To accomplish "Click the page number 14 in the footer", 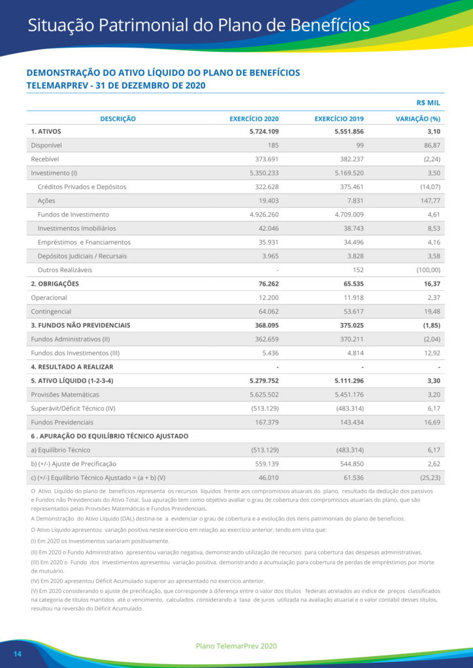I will pyautogui.click(x=18, y=654).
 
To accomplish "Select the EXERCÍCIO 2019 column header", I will pyautogui.click(x=339, y=119).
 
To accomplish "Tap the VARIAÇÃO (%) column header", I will pyautogui.click(x=418, y=119).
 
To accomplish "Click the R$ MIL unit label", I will pyautogui.click(x=429, y=102).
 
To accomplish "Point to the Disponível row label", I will pyautogui.click(x=46, y=145).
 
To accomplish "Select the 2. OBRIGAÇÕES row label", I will pyautogui.click(x=55, y=284).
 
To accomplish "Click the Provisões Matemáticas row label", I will pyautogui.click(x=65, y=395).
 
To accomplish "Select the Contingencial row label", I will pyautogui.click(x=51, y=311).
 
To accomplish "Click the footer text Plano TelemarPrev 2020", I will pyautogui.click(x=236, y=646).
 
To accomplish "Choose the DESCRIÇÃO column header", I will pyautogui.click(x=118, y=119).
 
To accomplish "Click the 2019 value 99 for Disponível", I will pyautogui.click(x=359, y=145).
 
